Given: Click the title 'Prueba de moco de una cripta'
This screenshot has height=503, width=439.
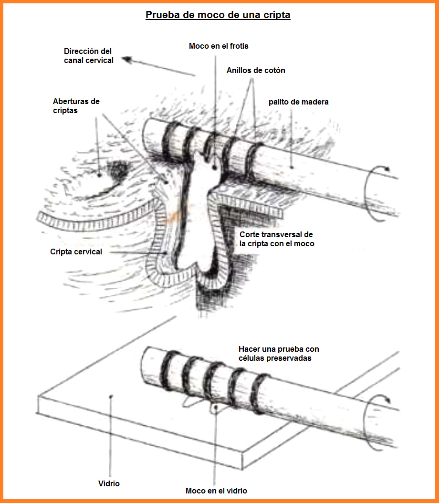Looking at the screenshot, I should coord(218,15).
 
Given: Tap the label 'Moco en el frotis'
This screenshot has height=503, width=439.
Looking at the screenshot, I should coord(219,46).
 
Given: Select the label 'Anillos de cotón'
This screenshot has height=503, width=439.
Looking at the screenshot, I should coord(256,71).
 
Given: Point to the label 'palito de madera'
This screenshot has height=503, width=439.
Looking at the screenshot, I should coord(299,102).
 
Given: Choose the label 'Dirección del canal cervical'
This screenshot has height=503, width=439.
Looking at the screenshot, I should coord(89,56).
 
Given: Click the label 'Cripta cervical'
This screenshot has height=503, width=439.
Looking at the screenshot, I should coord(76,251).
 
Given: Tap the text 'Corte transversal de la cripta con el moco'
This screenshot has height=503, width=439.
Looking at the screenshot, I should coord(277,239).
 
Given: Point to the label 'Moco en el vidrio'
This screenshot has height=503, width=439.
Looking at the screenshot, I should coord(217,491).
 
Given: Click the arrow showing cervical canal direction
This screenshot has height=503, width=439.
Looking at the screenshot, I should coord(158,66).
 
